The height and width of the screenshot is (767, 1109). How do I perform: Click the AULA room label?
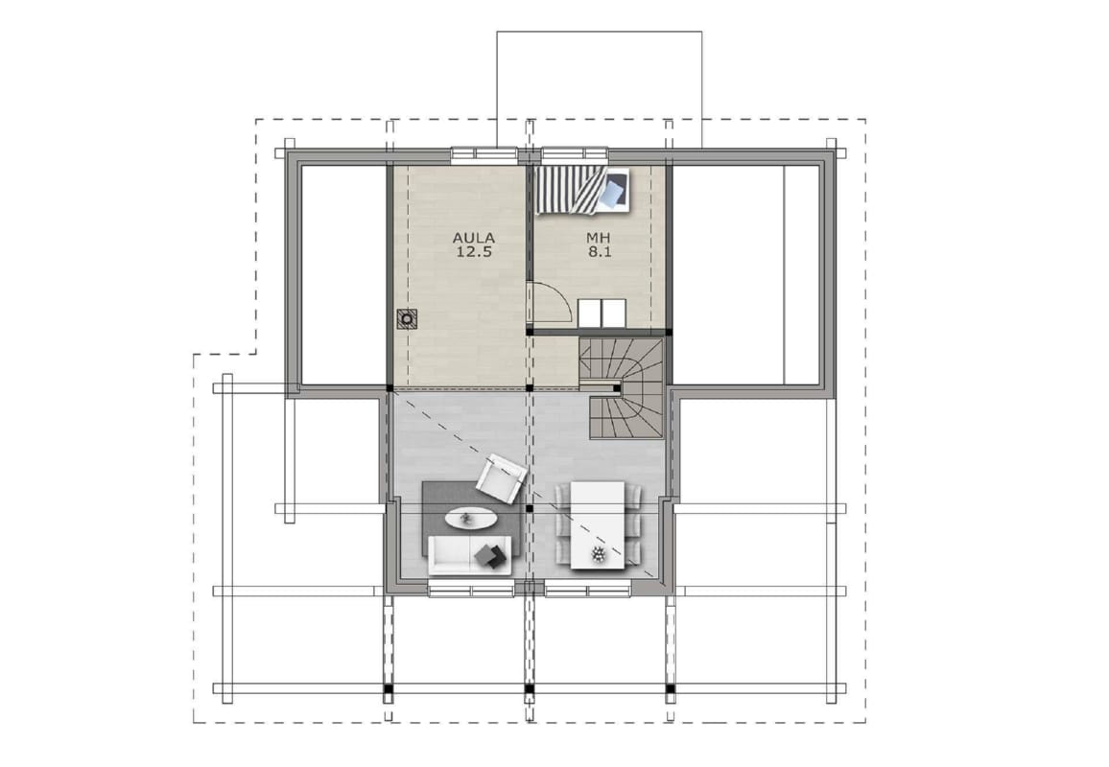tap(474, 238)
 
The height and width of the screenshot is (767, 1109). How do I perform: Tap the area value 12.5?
tap(474, 251)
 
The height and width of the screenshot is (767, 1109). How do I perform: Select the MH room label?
tap(599, 238)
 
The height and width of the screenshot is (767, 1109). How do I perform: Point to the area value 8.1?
tap(599, 251)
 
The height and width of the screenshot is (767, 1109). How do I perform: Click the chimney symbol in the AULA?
tap(407, 319)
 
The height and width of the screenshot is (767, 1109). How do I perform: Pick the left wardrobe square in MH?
tap(589, 314)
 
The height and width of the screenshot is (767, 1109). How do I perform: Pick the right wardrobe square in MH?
tap(614, 314)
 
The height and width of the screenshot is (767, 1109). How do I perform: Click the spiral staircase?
tap(622, 388)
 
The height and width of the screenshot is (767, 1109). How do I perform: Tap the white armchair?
tap(502, 479)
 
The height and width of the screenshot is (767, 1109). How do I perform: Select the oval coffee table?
tap(470, 519)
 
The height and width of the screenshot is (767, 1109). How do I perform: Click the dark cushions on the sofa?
tap(492, 556)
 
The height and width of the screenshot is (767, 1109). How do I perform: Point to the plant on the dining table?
tap(599, 554)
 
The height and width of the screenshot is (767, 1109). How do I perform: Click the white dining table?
tap(598, 524)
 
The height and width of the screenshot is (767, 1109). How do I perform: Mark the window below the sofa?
tap(471, 590)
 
